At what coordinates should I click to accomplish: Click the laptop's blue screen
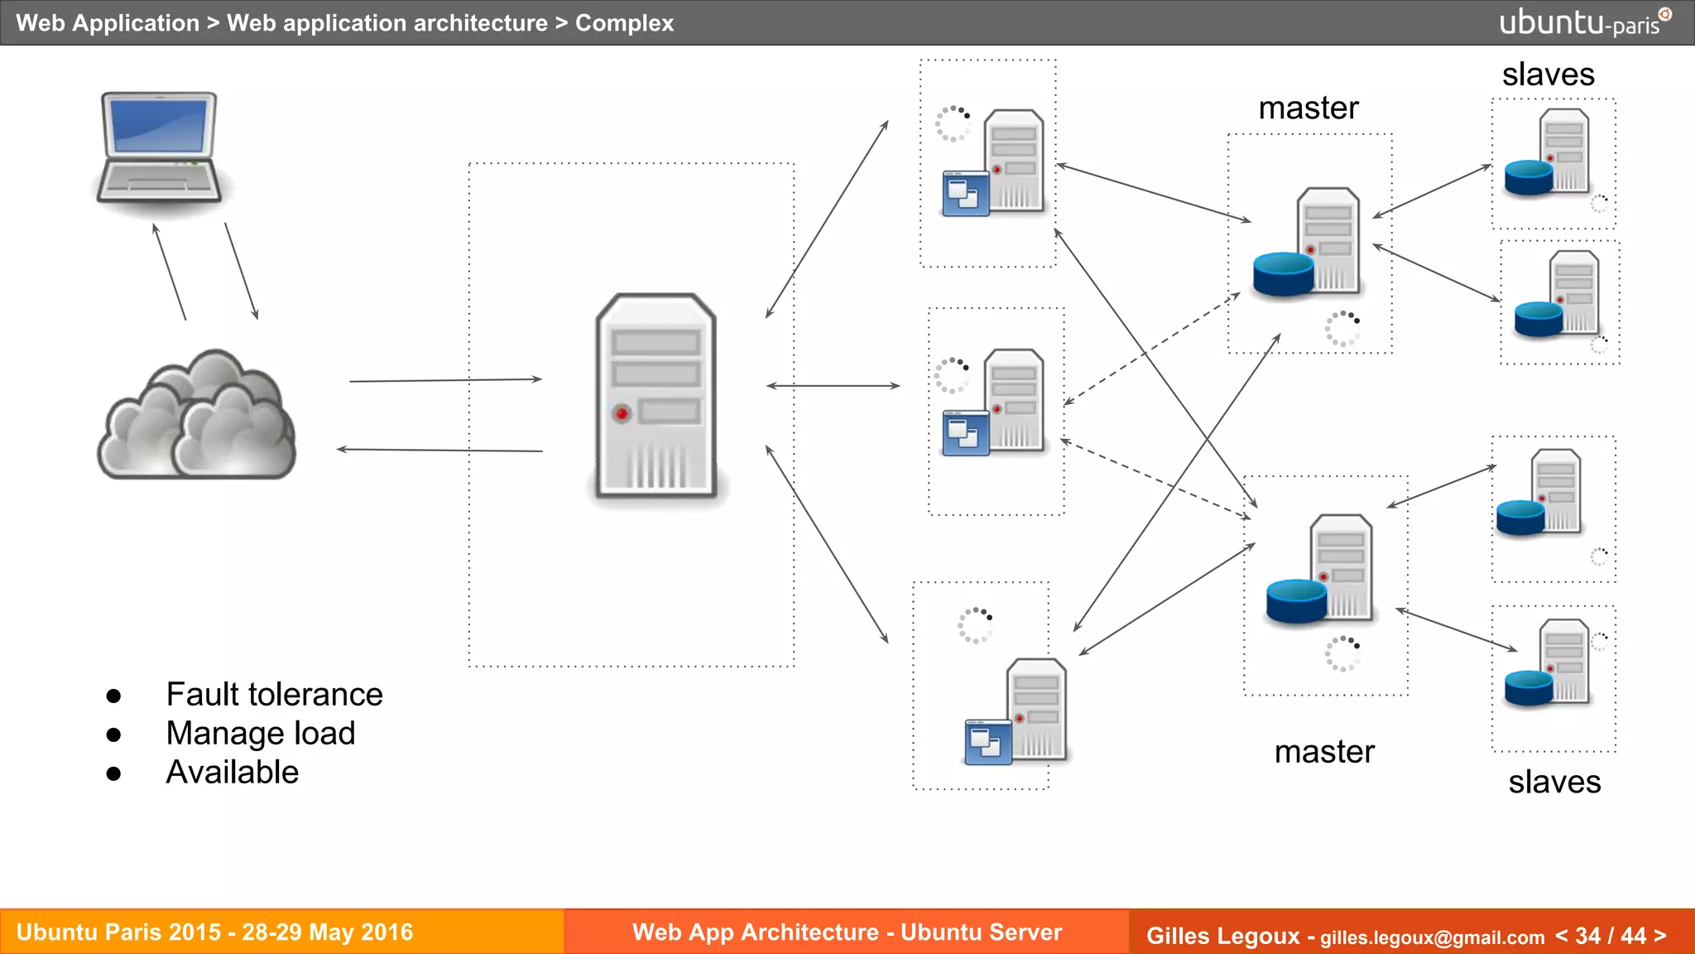point(160,125)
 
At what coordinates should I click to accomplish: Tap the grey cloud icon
point(197,418)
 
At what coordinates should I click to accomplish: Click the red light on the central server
point(622,413)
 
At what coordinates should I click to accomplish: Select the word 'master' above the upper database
point(1308,108)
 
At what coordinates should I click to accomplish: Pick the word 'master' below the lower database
point(1324,751)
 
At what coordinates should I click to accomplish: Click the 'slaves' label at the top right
point(1548,75)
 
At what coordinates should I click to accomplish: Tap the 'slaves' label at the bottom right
point(1554,782)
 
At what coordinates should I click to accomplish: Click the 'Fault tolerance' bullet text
point(274,694)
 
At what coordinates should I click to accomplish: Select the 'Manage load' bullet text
point(260,733)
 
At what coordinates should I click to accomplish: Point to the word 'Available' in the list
point(232,772)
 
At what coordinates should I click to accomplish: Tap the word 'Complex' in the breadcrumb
point(624,23)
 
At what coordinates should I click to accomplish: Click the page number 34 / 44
point(1610,936)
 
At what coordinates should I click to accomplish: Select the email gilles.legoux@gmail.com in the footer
point(1432,937)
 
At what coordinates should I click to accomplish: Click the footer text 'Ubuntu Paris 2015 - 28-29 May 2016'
point(214,932)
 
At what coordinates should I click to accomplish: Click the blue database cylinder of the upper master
point(1283,274)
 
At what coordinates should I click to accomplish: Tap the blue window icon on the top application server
point(965,194)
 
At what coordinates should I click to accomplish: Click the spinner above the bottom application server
point(975,624)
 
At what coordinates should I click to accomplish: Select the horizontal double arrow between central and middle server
point(833,386)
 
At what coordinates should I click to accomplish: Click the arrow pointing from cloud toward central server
point(445,380)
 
